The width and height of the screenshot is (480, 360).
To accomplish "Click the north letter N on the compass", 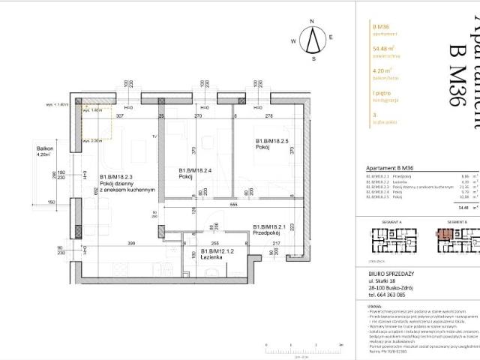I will click(x=315, y=31).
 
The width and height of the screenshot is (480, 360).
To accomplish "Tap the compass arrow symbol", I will click(x=315, y=43).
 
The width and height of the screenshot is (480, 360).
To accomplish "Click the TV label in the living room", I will click(x=154, y=137).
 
